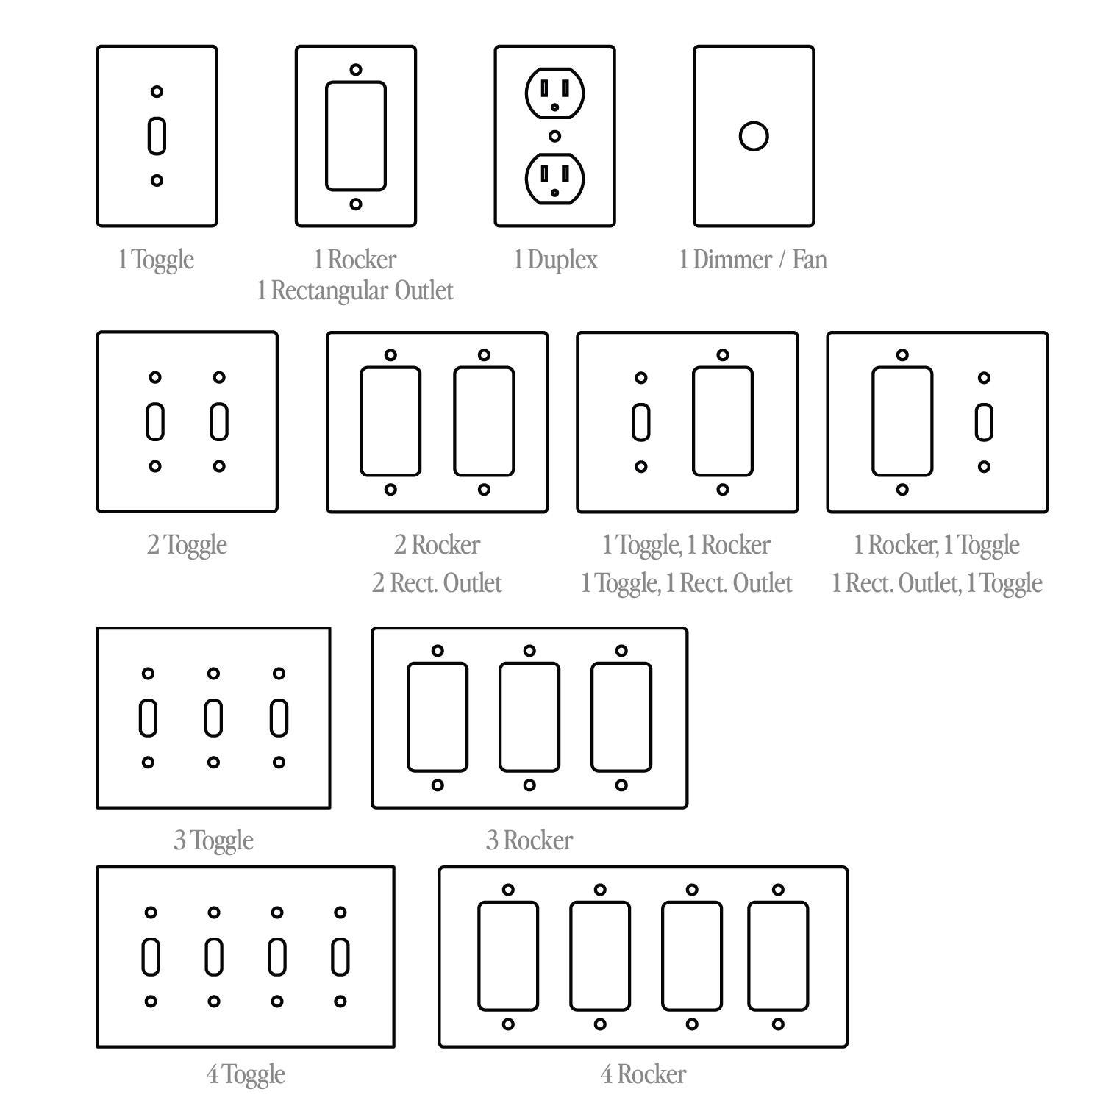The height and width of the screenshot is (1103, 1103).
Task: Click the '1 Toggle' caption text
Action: coord(156,260)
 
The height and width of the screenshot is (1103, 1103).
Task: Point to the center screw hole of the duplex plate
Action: coord(555,136)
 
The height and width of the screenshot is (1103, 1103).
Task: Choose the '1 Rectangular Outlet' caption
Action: coord(355,290)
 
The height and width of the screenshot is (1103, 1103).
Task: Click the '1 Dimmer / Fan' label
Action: coord(753,260)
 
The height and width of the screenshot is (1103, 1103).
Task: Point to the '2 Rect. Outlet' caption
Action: coord(437,583)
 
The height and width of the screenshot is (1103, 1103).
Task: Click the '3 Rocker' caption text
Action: coord(529,840)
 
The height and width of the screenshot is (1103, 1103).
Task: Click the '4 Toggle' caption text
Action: coord(246,1075)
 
